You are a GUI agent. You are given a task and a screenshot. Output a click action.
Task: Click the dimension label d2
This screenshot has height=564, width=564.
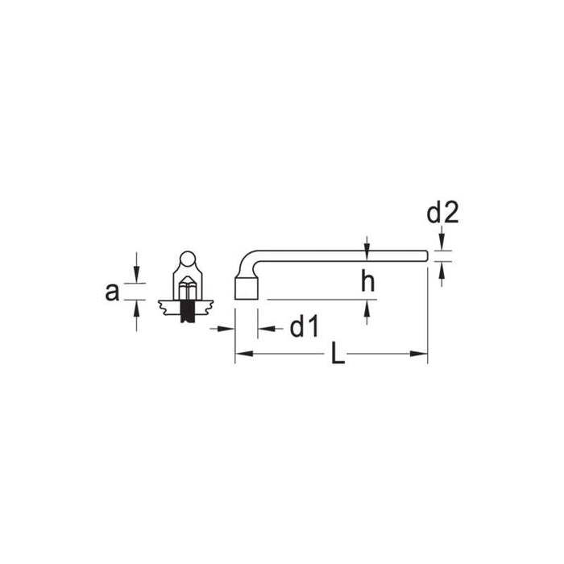click(442, 214)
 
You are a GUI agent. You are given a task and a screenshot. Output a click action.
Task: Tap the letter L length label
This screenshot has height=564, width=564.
click(338, 355)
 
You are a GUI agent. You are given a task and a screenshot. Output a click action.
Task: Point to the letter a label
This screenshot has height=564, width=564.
click(112, 292)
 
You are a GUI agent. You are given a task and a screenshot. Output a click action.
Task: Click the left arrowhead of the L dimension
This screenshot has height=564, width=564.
click(242, 353)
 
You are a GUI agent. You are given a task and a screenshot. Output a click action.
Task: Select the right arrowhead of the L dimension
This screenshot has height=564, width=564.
click(420, 353)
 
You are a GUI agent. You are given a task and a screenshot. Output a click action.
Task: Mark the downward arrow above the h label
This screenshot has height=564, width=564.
click(367, 246)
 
